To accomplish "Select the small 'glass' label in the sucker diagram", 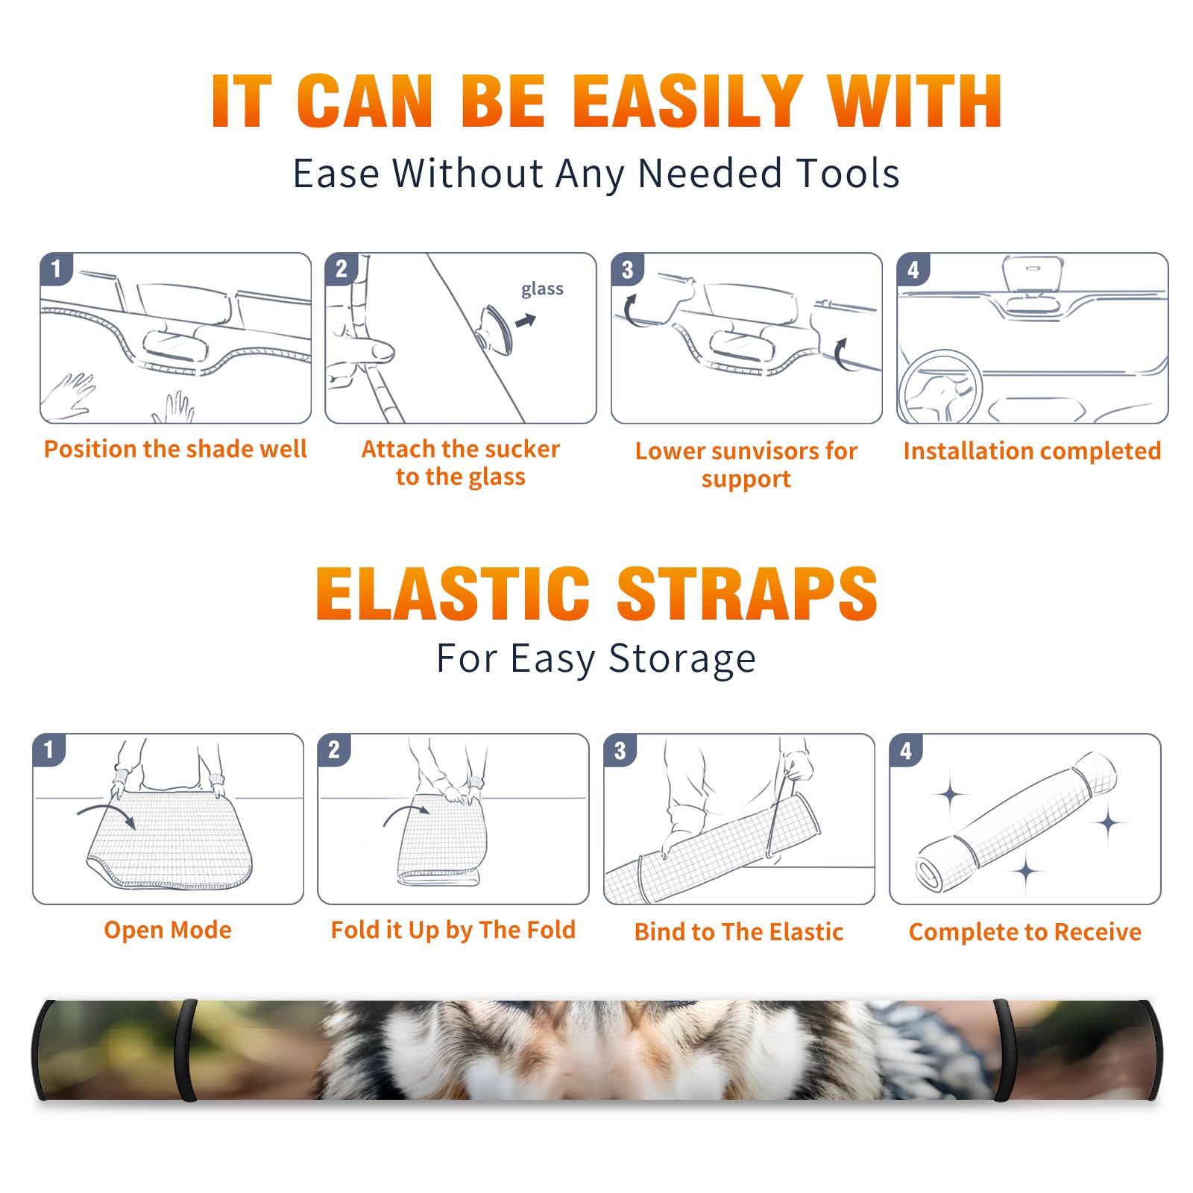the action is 542,289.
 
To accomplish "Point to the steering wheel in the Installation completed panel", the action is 941,387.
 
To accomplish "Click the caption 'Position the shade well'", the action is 175,449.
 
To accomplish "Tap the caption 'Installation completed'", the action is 1032,450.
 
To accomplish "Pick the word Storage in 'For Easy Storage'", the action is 682,659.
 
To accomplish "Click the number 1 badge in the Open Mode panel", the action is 49,749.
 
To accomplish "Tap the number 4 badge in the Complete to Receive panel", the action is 906,750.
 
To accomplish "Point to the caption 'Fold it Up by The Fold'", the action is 453,930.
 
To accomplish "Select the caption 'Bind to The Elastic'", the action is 739,932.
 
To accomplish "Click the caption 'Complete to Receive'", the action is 1025,932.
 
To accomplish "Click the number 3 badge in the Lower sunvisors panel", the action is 627,269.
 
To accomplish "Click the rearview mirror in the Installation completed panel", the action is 1033,274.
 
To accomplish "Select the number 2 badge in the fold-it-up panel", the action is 334,749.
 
